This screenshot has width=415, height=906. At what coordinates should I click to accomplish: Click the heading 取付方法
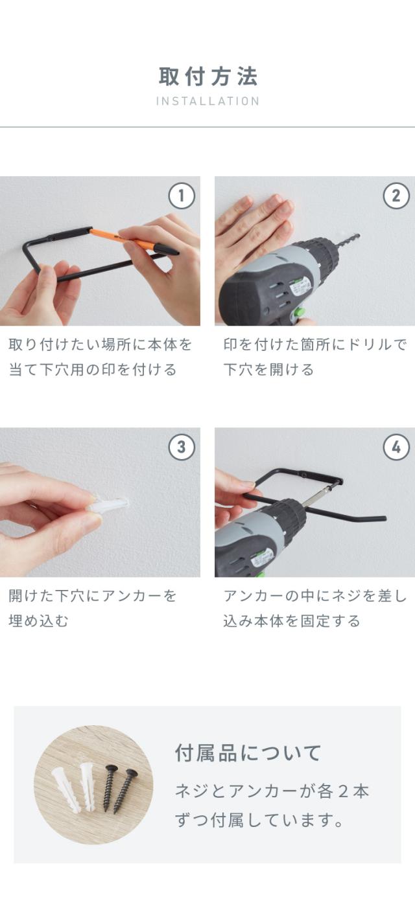point(207,76)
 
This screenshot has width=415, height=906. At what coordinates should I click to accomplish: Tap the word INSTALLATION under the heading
point(207,101)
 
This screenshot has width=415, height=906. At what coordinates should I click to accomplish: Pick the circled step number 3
point(182,447)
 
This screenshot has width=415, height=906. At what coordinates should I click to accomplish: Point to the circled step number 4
point(396,447)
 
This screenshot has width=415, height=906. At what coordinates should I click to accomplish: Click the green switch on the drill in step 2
point(300,312)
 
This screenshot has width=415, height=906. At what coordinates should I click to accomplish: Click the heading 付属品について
point(248,753)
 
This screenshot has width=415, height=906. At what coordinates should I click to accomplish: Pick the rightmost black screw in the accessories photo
point(125,790)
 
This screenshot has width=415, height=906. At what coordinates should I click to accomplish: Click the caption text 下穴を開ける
point(268,370)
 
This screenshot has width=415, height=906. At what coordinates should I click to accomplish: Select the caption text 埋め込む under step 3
point(38,621)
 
